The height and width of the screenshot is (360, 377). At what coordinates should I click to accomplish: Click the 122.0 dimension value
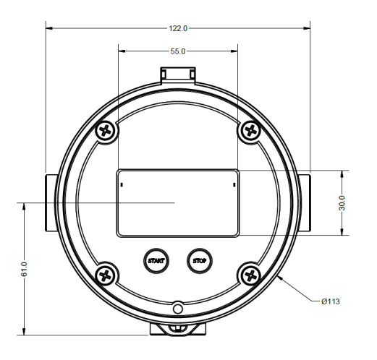178,28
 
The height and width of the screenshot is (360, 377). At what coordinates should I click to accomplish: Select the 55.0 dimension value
178,52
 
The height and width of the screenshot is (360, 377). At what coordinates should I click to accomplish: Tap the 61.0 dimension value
24,269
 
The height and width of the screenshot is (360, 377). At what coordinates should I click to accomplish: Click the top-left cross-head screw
106,132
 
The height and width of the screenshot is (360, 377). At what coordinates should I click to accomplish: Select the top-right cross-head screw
250,131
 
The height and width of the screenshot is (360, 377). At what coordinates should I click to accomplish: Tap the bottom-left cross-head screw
106,274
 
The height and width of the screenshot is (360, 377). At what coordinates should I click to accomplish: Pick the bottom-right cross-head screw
250,274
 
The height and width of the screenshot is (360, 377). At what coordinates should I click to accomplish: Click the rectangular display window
178,202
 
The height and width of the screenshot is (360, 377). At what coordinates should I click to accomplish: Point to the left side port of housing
49,202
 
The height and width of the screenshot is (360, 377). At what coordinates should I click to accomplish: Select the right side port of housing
306,202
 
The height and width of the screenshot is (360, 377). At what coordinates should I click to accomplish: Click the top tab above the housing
178,74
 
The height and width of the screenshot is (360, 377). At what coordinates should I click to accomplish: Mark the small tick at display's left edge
122,185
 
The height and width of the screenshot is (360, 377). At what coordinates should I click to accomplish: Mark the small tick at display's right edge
234,185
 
